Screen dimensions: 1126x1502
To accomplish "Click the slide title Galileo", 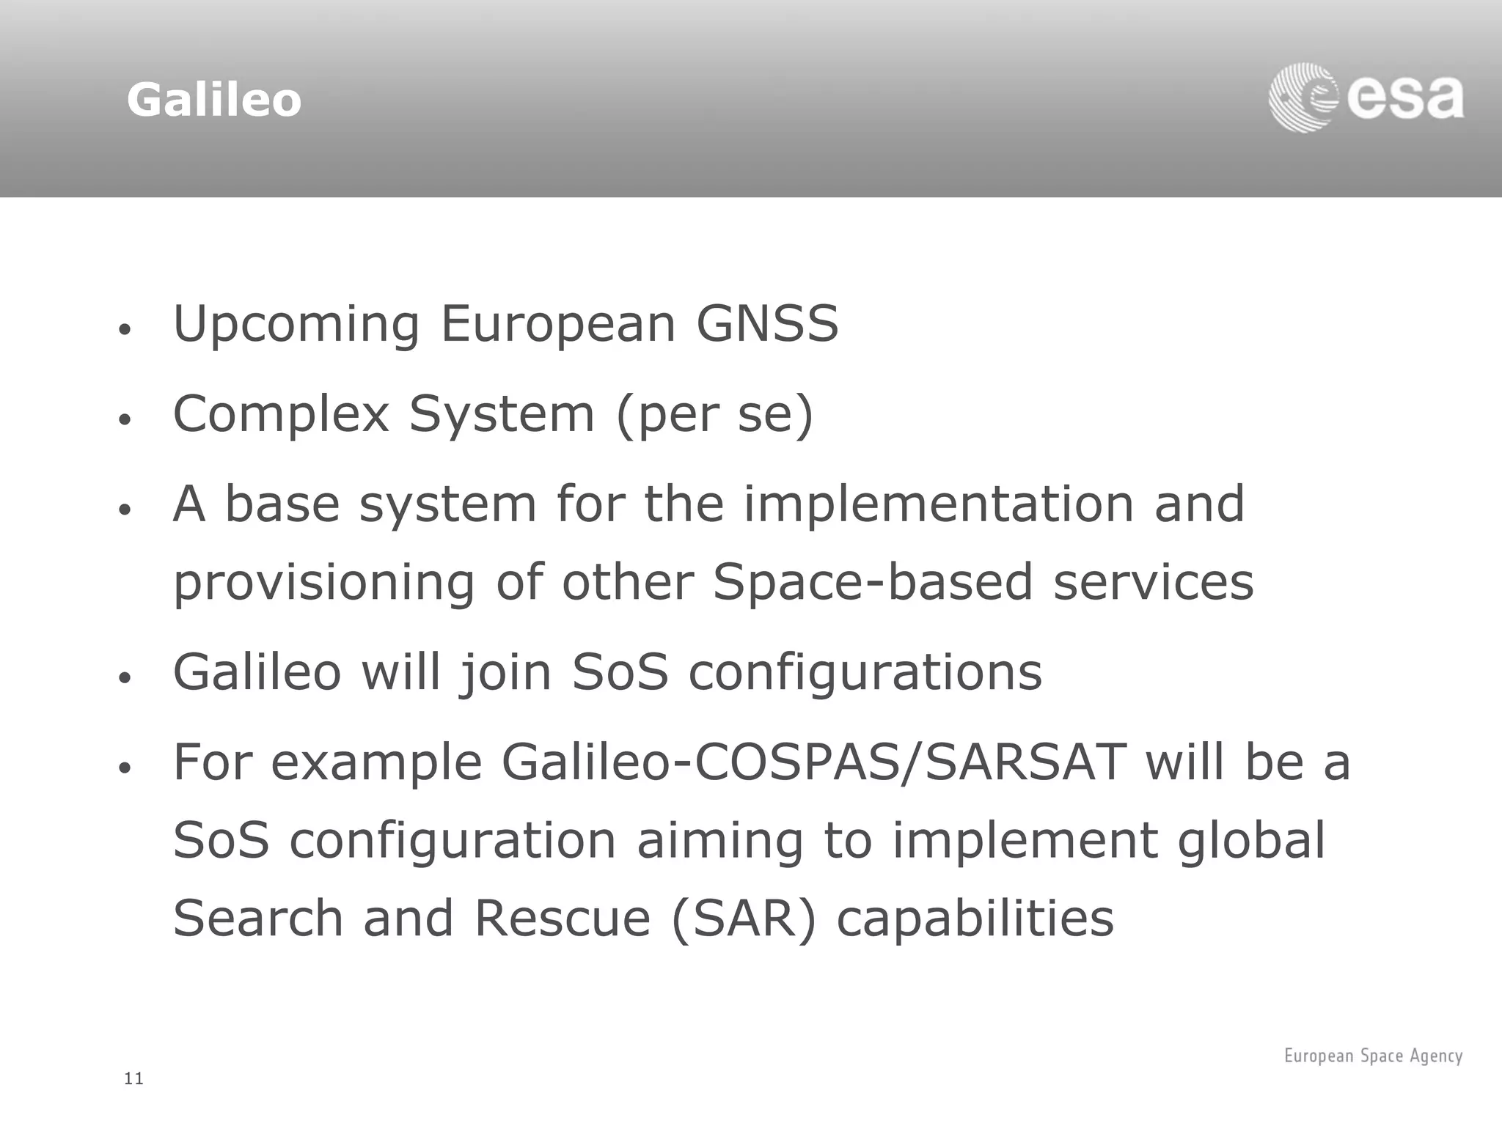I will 213,100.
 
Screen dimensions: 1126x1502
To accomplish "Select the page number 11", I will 134,1078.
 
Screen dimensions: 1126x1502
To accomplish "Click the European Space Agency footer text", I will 1373,1056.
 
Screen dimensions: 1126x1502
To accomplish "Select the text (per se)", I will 714,415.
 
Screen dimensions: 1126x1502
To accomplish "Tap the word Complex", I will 281,415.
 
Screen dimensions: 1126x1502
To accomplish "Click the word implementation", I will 938,504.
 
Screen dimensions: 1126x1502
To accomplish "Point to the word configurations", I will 865,673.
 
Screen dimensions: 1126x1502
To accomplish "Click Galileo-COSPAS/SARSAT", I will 814,762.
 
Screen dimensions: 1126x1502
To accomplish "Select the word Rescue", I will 563,919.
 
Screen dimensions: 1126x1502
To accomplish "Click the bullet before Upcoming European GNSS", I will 125,330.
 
